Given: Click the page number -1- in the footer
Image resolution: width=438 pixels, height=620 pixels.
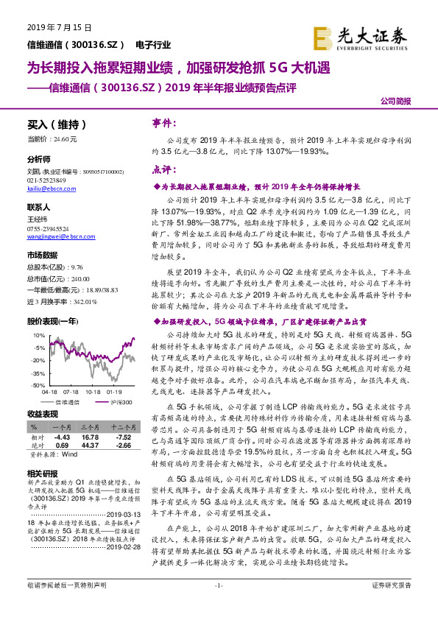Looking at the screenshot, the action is point(218,605).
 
